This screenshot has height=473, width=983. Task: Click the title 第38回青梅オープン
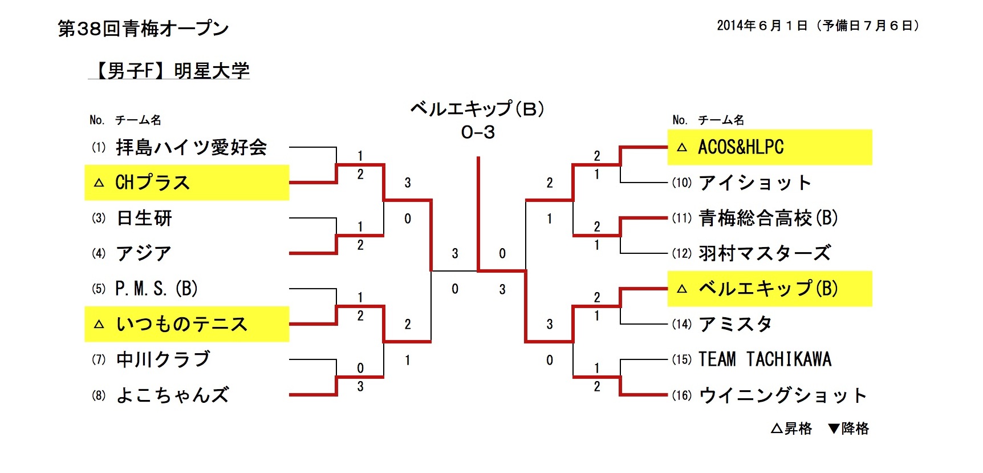pyautogui.click(x=143, y=28)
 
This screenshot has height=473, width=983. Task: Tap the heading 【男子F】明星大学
pyautogui.click(x=170, y=71)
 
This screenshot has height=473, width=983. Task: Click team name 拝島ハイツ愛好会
pyautogui.click(x=191, y=147)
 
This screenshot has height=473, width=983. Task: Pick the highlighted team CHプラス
pyautogui.click(x=152, y=183)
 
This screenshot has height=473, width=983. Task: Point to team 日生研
pyautogui.click(x=144, y=218)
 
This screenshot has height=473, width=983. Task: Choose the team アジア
pyautogui.click(x=144, y=253)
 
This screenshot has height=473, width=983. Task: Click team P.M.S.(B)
pyautogui.click(x=156, y=289)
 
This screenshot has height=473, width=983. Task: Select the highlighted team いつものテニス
pyautogui.click(x=182, y=324)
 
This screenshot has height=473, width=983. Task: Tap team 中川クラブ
pyautogui.click(x=163, y=359)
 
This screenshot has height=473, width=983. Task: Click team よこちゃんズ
pyautogui.click(x=172, y=395)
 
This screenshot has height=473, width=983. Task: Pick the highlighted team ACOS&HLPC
pyautogui.click(x=741, y=147)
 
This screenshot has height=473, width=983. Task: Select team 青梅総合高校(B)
pyautogui.click(x=768, y=218)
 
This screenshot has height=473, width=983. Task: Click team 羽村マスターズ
pyautogui.click(x=765, y=253)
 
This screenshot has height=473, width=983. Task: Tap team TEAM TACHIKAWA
pyautogui.click(x=765, y=359)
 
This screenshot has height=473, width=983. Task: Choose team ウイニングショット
pyautogui.click(x=782, y=395)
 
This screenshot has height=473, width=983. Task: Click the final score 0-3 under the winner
pyautogui.click(x=478, y=132)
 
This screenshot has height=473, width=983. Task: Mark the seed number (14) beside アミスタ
pyautogui.click(x=681, y=324)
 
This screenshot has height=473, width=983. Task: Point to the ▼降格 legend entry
pyautogui.click(x=848, y=428)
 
